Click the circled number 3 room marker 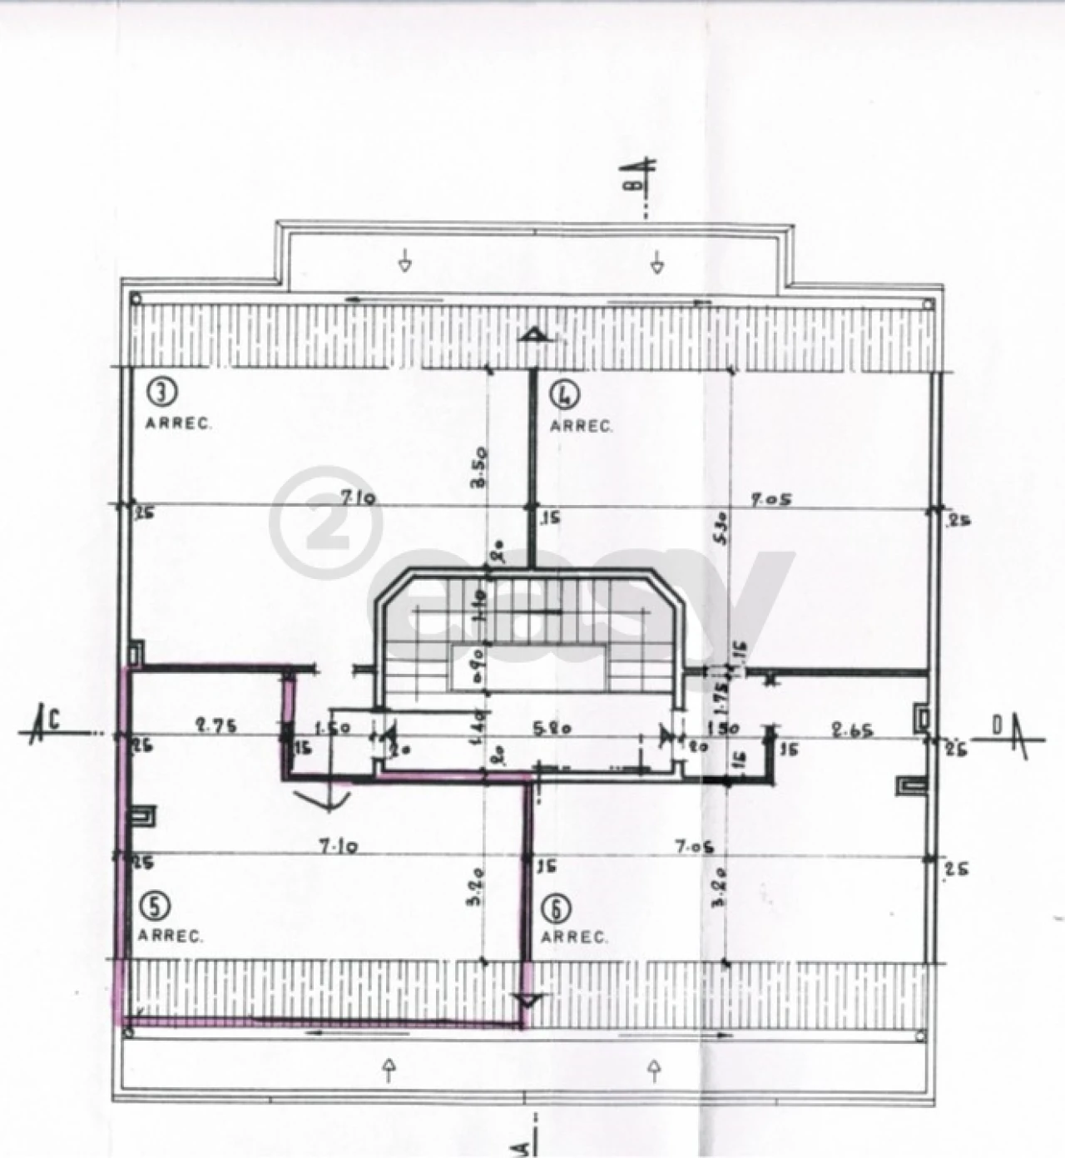point(160,391)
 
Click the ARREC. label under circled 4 point(581,427)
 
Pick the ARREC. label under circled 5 point(170,937)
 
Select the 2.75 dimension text point(215,725)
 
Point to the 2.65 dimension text point(852,731)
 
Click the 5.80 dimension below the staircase point(552,728)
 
